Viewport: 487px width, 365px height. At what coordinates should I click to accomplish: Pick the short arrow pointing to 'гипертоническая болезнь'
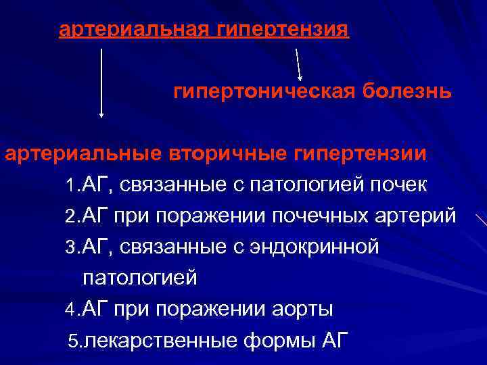tap(299, 65)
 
